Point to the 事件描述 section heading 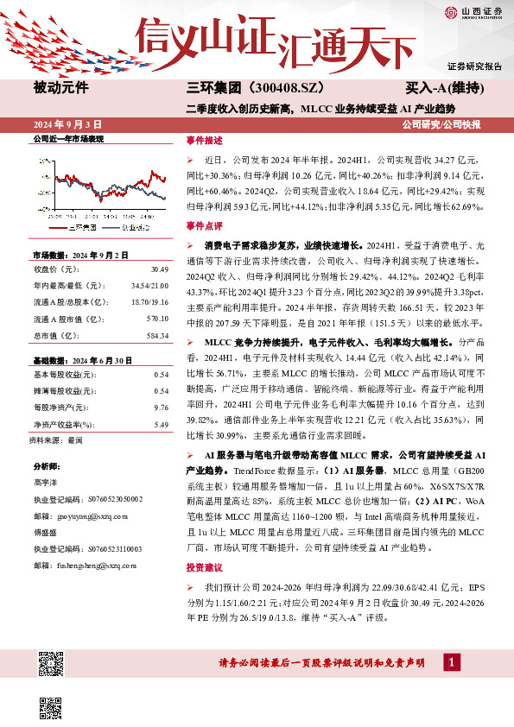pyautogui.click(x=204, y=140)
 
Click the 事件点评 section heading pyautogui.click(x=204, y=224)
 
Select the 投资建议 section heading pyautogui.click(x=204, y=568)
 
